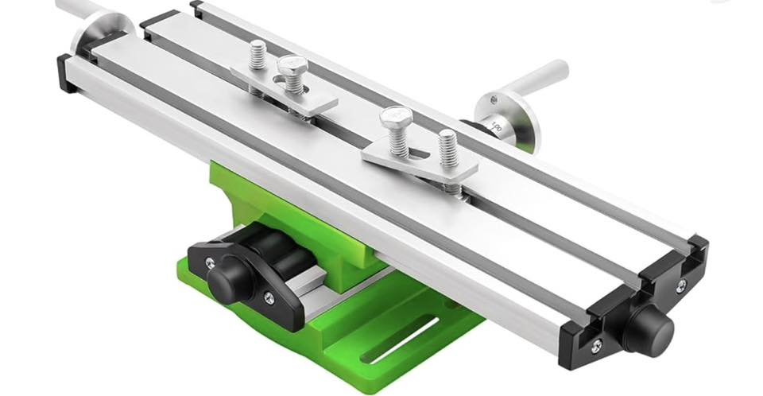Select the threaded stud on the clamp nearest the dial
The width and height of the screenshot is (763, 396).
447,147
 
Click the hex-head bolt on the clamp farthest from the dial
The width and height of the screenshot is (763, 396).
290,67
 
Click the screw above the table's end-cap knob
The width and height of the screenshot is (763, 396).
681,284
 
